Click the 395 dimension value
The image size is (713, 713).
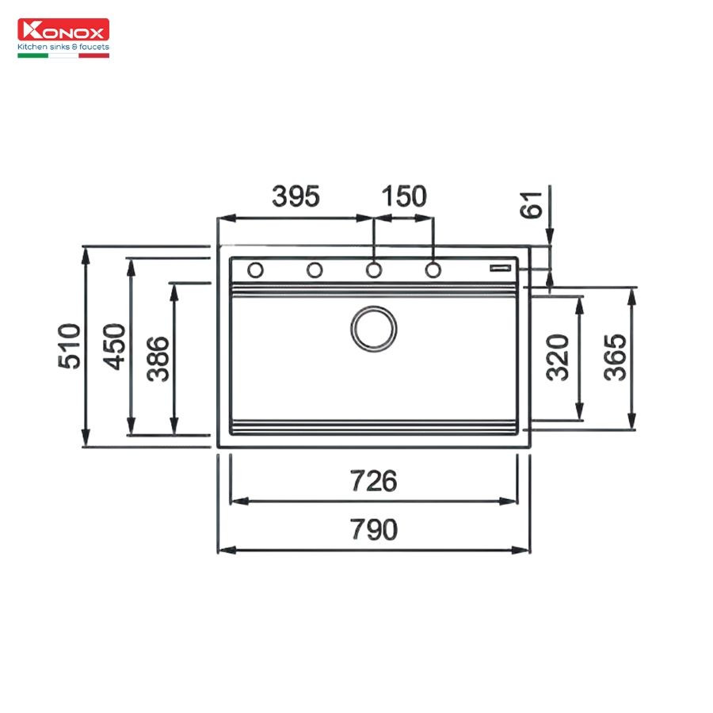point(296,196)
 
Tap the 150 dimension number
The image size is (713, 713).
point(404,196)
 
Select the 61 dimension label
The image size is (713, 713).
point(531,204)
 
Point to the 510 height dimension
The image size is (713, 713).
point(69,346)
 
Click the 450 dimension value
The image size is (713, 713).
point(113,346)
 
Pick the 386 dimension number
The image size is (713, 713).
point(158,359)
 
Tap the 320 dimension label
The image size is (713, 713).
point(558,357)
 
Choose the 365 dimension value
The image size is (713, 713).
point(615,357)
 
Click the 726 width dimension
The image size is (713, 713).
point(373,481)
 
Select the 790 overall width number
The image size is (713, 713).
point(373,529)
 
